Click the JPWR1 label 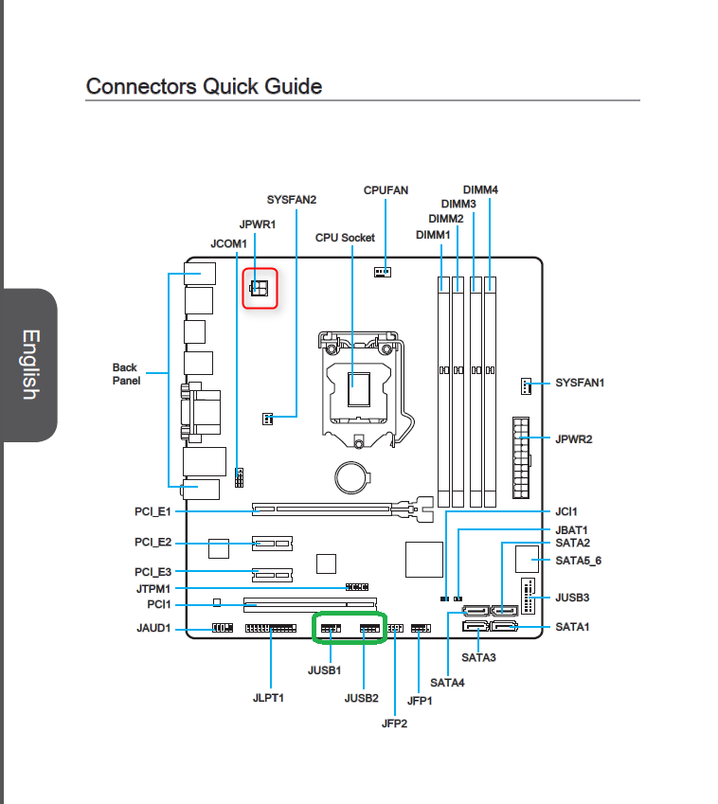[x=258, y=224]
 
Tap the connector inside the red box [x=260, y=288]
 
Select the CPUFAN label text [x=386, y=190]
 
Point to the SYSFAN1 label [x=580, y=383]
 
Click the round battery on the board [x=351, y=477]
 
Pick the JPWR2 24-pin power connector [x=522, y=457]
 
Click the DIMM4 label [x=480, y=189]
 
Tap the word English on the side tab [x=30, y=365]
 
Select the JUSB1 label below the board [x=324, y=670]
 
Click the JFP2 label [x=394, y=724]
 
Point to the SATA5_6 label [x=579, y=561]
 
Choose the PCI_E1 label [x=153, y=511]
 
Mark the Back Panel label [x=126, y=374]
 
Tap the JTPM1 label [x=153, y=589]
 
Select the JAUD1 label [x=153, y=628]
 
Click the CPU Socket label [x=345, y=238]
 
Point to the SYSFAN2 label [x=292, y=200]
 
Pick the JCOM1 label [x=228, y=243]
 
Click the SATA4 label [x=447, y=683]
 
